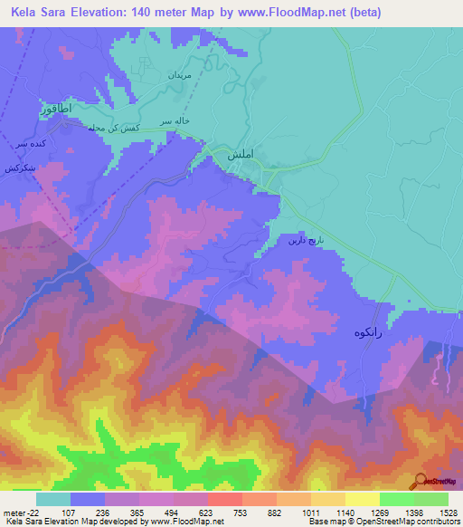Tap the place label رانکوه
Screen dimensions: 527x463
coord(358,332)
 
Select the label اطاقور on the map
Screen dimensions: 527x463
coord(54,109)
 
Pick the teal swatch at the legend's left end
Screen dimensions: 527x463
coord(53,499)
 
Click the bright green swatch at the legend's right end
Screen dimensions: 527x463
coord(430,499)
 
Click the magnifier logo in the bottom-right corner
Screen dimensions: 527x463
coord(420,482)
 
